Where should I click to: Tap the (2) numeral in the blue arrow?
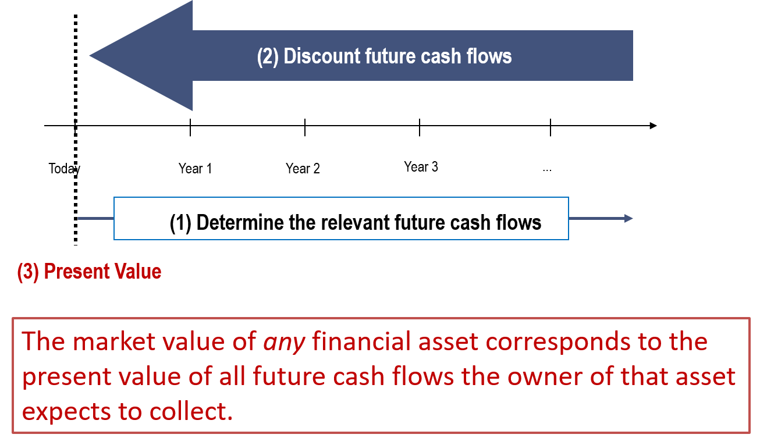tap(268, 56)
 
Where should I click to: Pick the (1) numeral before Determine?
tap(180, 222)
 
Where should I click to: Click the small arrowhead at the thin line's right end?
tap(628, 219)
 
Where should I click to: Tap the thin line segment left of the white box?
tap(95, 219)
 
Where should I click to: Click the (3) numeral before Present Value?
tap(28, 272)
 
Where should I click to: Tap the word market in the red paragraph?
tap(111, 341)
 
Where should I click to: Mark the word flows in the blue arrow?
tap(489, 56)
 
